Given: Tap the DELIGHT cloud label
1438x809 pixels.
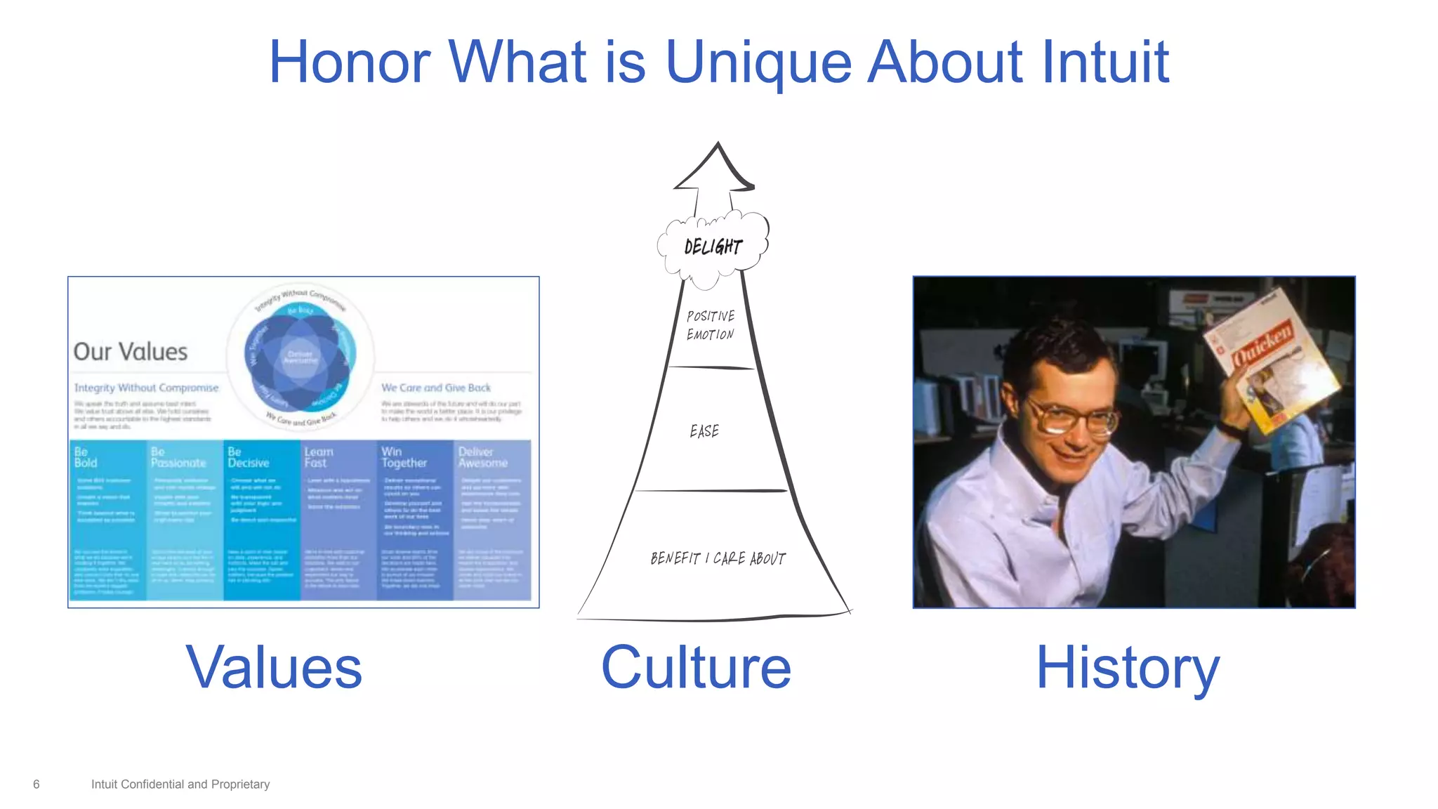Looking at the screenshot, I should [x=713, y=246].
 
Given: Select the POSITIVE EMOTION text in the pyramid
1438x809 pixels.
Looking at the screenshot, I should [x=711, y=325].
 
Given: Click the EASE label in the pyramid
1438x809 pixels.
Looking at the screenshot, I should [x=704, y=431].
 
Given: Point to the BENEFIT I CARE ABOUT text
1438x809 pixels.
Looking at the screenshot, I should [x=718, y=558].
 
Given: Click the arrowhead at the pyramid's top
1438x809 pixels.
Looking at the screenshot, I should [x=716, y=169].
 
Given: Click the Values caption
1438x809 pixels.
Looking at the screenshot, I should [x=274, y=667].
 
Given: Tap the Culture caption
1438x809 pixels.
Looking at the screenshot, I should [x=696, y=667].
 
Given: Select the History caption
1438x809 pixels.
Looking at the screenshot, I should [x=1128, y=667].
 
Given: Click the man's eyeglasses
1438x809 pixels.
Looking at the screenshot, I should [x=1074, y=417].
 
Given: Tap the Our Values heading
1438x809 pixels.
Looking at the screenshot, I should [x=131, y=352].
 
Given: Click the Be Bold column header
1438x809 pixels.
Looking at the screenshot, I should [x=86, y=457].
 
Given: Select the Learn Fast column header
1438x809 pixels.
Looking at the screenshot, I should [x=318, y=457].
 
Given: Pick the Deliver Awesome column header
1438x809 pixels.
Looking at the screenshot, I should [x=482, y=457].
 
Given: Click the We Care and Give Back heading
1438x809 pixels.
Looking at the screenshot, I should [x=435, y=388].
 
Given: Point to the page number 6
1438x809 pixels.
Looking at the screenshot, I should [x=37, y=784].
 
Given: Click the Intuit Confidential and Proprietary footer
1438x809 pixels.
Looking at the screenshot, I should [x=180, y=784].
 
